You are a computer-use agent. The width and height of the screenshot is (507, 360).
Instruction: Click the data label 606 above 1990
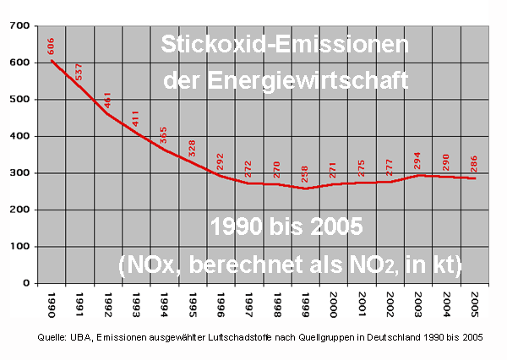[x=52, y=47]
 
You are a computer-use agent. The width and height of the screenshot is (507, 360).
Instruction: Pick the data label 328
[x=193, y=148]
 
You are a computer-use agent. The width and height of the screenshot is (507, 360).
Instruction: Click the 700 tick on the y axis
[x=19, y=26]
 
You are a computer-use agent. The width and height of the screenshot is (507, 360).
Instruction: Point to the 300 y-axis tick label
[x=19, y=173]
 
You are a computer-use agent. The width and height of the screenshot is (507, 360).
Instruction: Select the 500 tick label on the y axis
[x=19, y=100]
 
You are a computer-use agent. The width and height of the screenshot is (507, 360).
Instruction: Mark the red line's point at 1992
[x=108, y=114]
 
